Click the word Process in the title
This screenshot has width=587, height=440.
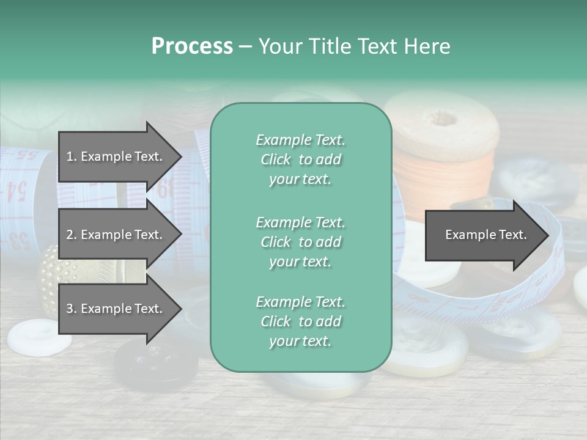(x=192, y=46)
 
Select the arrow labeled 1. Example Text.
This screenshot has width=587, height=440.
(x=116, y=156)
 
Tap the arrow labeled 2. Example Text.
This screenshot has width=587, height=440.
(x=116, y=235)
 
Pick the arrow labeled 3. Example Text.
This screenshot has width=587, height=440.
(x=116, y=309)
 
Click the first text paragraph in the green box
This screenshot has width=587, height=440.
(x=300, y=159)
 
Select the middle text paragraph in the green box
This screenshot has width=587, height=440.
(x=300, y=242)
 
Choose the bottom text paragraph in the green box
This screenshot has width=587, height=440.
(x=300, y=321)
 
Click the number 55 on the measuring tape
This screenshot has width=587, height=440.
(x=24, y=154)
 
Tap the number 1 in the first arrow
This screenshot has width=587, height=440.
(x=70, y=157)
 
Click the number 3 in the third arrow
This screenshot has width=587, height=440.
(x=70, y=309)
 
